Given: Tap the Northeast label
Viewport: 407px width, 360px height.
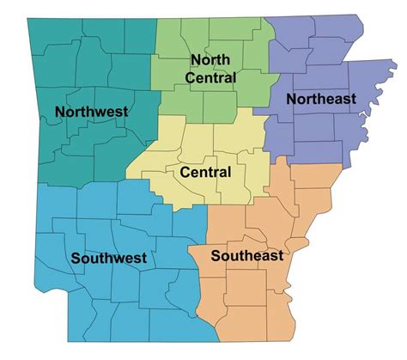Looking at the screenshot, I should tap(320, 100).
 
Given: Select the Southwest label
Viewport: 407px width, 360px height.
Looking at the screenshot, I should tap(109, 257).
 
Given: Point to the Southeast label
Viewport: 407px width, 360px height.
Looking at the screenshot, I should tap(247, 254).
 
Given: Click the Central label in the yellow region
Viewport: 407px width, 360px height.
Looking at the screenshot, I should tap(205, 173).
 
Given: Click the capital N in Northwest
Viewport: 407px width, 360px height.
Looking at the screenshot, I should tap(59, 112).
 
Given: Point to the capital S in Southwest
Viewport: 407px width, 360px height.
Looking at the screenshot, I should tap(76, 257).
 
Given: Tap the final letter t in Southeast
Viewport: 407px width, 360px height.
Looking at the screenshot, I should tap(281, 254).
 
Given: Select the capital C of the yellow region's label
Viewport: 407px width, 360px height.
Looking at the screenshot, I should tap(185, 173).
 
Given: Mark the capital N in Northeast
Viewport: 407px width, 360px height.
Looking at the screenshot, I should tap(291, 100).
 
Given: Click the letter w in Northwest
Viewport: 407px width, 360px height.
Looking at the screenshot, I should tap(97, 113).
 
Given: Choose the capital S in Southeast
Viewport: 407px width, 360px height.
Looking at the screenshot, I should tap(215, 254).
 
